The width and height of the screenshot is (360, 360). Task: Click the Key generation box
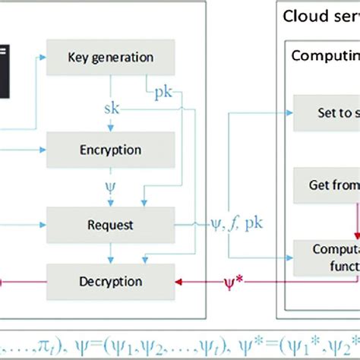[111, 57]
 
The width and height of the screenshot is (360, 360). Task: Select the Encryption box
[111, 150]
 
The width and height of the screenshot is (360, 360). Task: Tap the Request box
[111, 225]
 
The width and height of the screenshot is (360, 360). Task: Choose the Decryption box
[111, 282]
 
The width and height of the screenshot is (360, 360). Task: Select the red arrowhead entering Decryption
[180, 282]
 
